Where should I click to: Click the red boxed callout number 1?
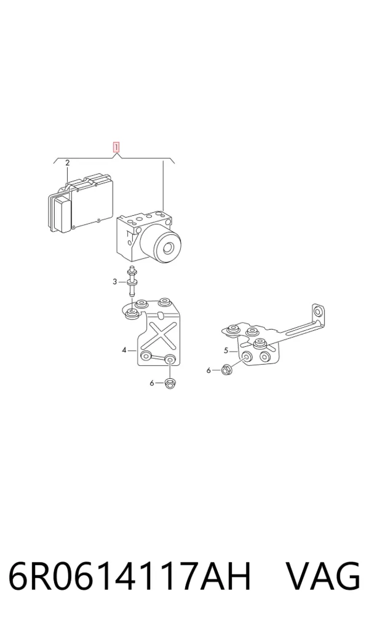116,148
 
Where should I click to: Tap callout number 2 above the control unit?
68,163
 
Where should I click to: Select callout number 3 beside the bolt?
115,282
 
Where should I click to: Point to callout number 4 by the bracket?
124,350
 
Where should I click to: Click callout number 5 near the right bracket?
226,351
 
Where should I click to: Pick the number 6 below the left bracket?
152,383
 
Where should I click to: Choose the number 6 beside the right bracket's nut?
208,370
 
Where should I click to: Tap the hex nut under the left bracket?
170,383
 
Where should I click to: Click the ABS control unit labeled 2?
81,204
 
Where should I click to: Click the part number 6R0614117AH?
129,576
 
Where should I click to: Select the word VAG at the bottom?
323,576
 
